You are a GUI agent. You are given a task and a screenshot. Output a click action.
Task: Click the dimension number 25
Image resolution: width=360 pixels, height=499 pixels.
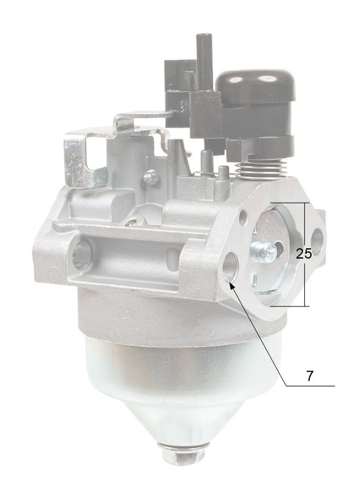[304, 254]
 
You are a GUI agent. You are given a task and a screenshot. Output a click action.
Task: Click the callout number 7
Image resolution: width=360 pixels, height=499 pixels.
[310, 376]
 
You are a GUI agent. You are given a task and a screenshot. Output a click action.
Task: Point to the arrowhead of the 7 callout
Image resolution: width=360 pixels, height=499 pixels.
[232, 285]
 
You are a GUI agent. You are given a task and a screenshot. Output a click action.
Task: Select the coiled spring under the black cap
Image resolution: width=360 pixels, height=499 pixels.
[263, 168]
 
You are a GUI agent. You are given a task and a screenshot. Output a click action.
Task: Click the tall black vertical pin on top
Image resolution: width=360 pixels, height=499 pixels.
[204, 61]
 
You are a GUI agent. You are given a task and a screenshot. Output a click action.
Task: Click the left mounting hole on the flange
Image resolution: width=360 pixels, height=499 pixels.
[231, 266]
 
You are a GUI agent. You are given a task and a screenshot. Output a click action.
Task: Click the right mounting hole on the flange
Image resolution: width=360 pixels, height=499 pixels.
[317, 238]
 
